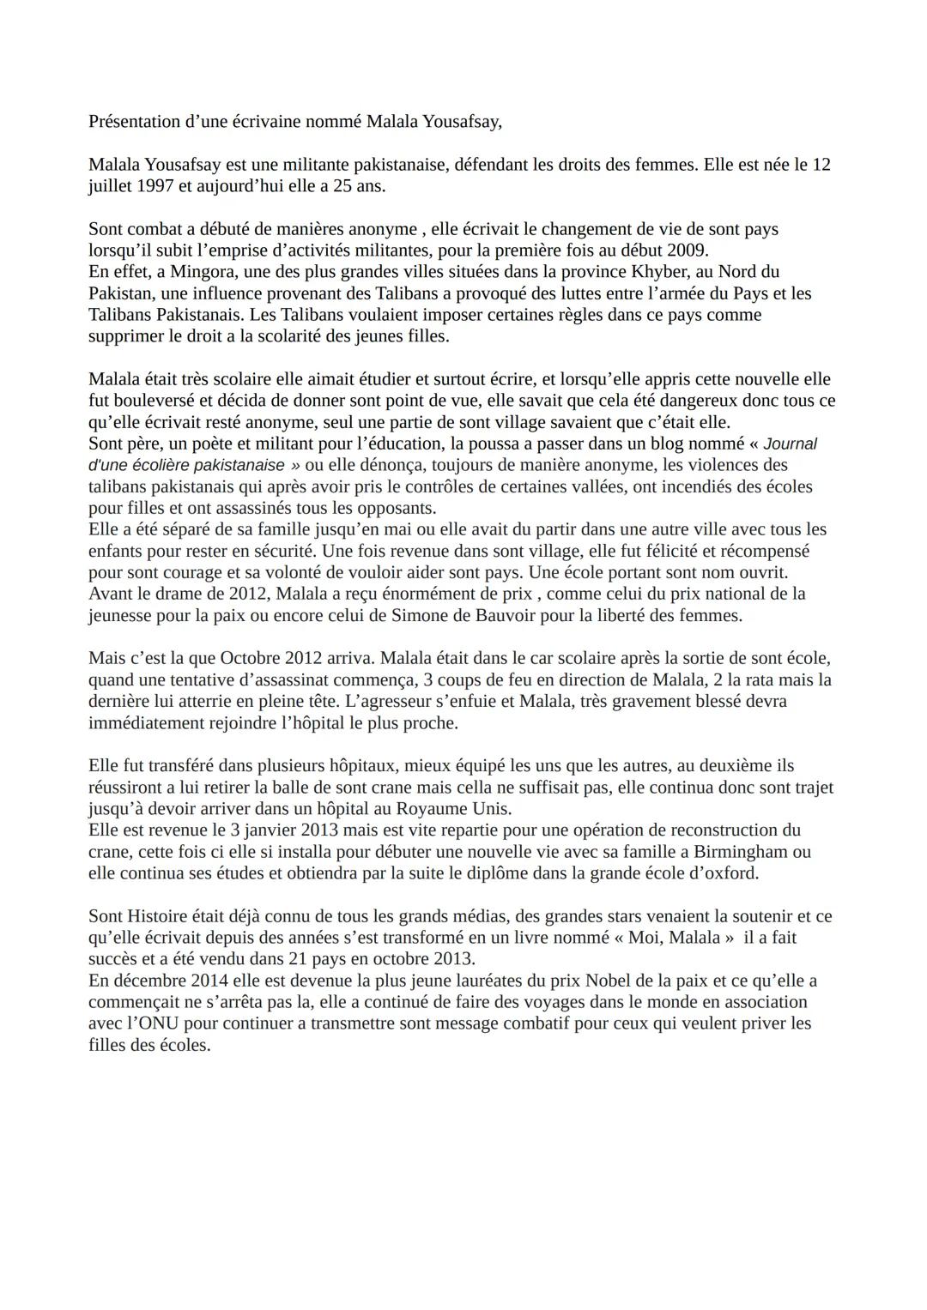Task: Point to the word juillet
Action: click(x=109, y=185)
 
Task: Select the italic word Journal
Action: click(x=790, y=444)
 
